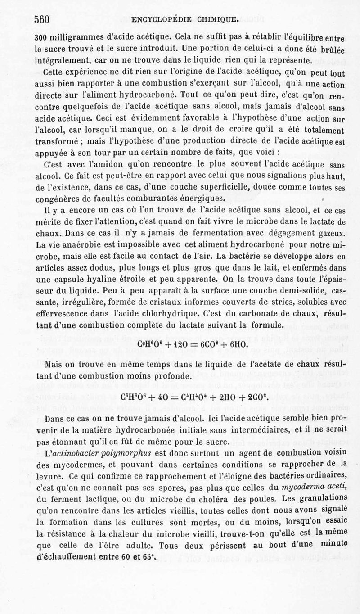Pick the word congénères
point(60,198)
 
